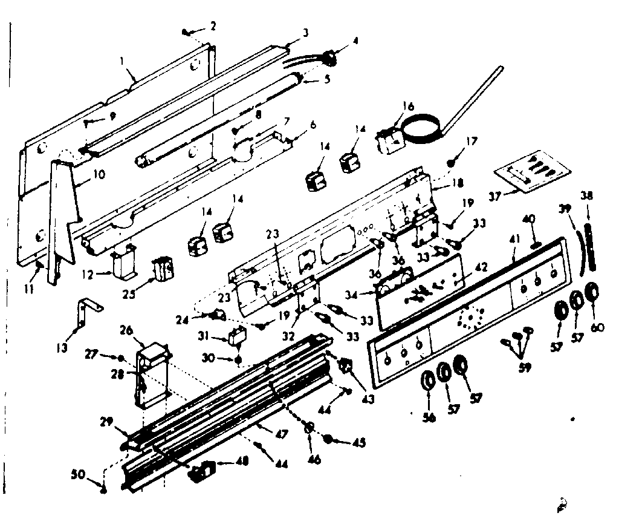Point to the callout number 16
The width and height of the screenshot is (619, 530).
tap(409, 106)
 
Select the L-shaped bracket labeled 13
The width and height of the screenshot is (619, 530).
tap(85, 312)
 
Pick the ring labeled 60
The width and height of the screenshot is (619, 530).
tap(592, 292)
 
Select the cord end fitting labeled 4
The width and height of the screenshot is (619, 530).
tap(329, 57)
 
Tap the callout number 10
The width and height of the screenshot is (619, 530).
tap(98, 174)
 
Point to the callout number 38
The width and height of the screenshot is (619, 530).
tap(586, 195)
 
